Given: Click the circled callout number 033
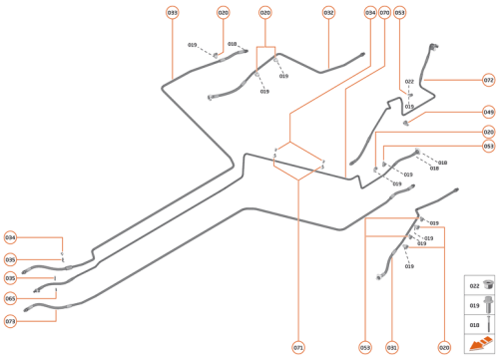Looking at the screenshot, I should click(173, 12).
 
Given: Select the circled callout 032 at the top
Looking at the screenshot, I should click(328, 12).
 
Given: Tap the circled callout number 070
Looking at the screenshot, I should click(384, 12).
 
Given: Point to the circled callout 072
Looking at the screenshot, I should click(488, 79).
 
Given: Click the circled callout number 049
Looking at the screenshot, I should click(488, 113).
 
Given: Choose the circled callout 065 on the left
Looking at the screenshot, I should click(10, 297).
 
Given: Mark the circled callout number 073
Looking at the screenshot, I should click(10, 321).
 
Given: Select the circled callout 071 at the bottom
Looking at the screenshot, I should click(298, 347).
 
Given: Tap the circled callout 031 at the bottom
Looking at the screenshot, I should click(392, 347).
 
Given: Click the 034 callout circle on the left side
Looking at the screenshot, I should click(10, 237).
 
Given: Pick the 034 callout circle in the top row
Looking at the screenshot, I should click(370, 12).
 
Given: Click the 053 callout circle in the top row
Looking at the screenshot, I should click(400, 12).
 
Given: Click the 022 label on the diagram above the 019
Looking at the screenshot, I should click(409, 82).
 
